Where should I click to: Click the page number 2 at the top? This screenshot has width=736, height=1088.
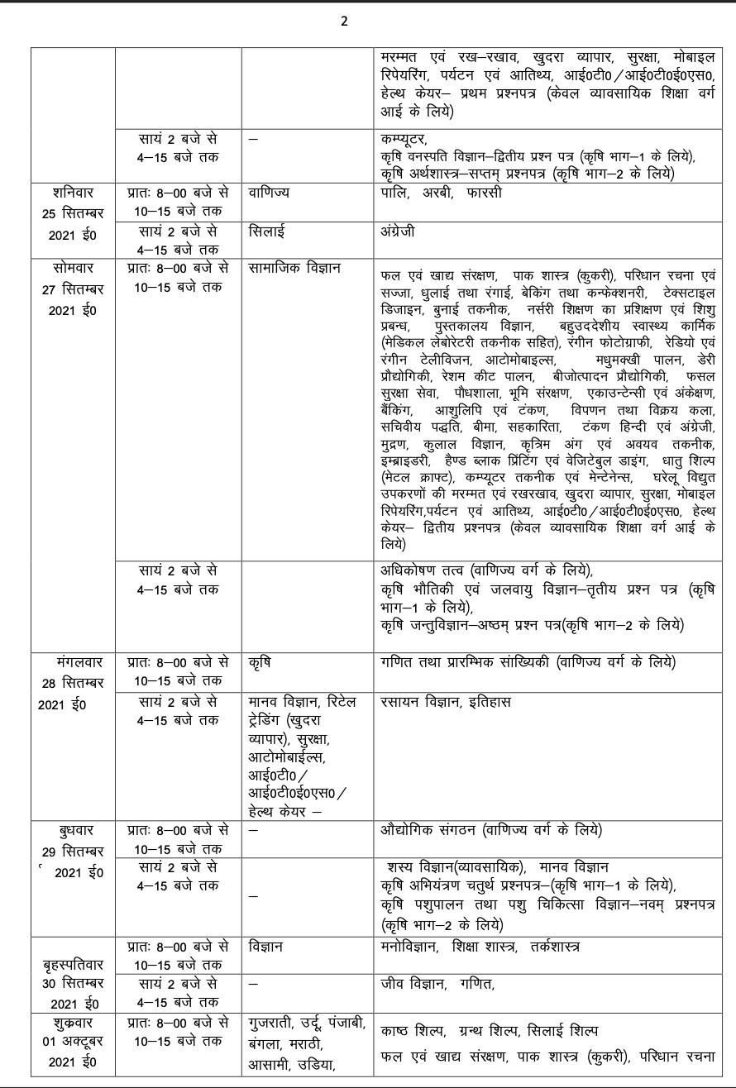click(x=344, y=21)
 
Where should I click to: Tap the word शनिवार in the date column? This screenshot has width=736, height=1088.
click(x=73, y=193)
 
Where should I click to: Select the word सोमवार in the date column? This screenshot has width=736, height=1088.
click(x=73, y=268)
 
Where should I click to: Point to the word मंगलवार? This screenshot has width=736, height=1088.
click(x=73, y=662)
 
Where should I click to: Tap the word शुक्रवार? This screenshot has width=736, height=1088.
click(x=73, y=1023)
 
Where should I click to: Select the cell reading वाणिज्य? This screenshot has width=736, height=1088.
click(x=270, y=193)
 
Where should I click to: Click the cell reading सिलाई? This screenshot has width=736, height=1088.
click(x=268, y=231)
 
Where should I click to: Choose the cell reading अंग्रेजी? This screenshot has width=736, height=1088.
click(x=398, y=231)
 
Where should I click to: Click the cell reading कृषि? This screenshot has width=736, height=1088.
click(x=260, y=662)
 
